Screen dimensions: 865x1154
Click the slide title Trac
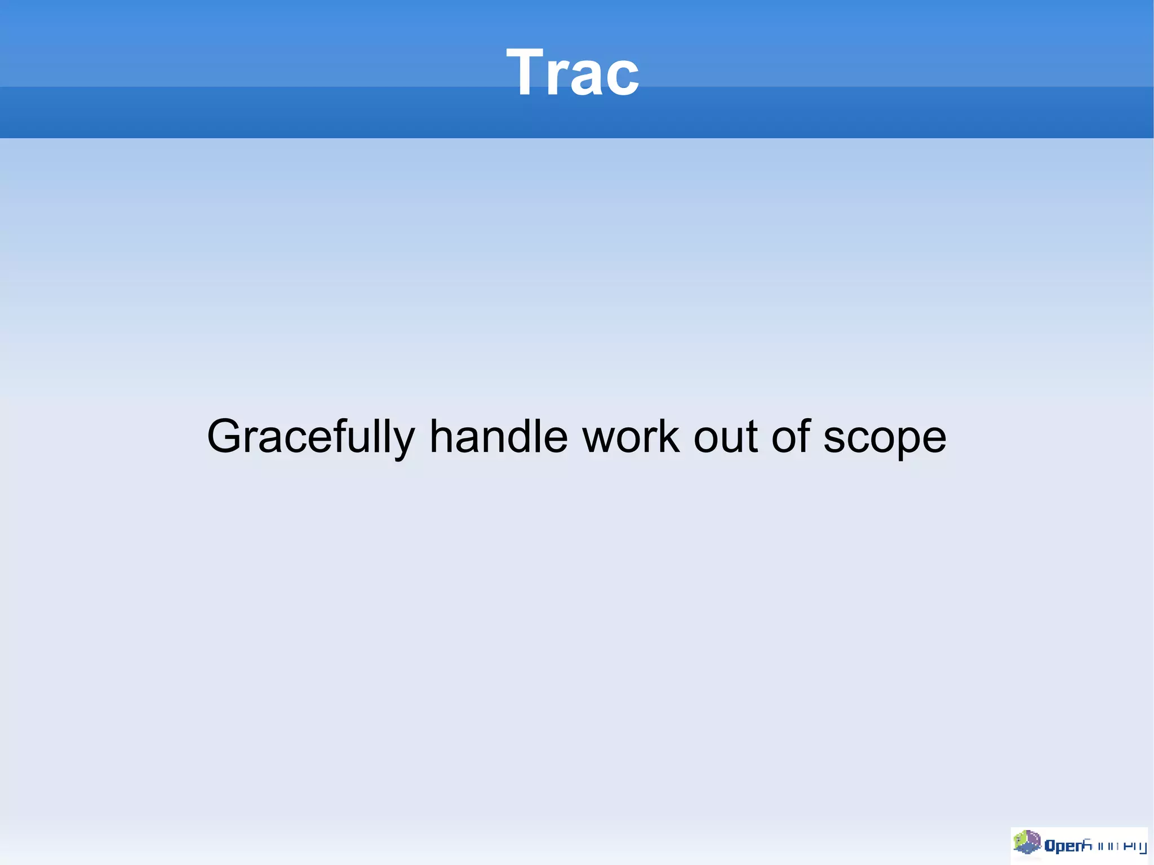(572, 72)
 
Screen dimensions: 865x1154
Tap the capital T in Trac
(527, 72)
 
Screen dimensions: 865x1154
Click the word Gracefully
(310, 437)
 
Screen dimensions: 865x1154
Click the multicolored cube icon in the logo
(1027, 842)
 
